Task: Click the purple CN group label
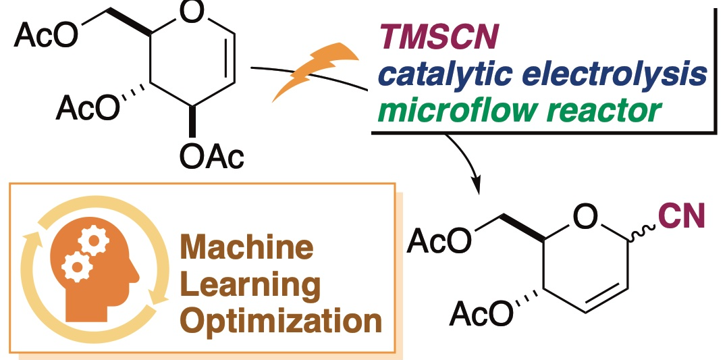point(683,220)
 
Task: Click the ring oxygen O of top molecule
point(186,14)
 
